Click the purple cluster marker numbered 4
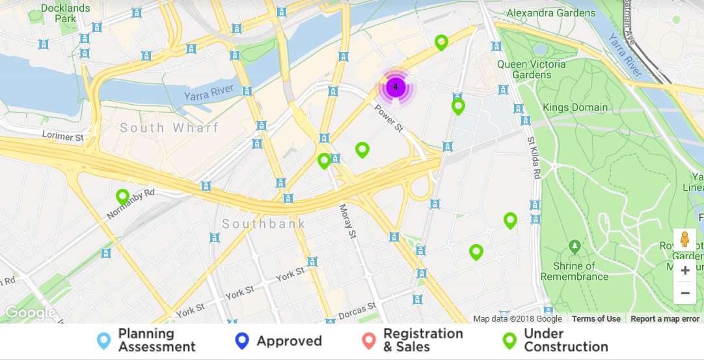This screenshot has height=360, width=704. click(x=396, y=87)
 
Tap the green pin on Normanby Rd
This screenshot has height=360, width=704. click(x=122, y=196)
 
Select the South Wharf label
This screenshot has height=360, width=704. click(x=169, y=128)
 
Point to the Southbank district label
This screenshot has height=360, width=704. click(x=264, y=224)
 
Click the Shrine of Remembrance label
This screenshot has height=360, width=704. click(x=575, y=270)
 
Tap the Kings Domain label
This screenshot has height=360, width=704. click(x=575, y=107)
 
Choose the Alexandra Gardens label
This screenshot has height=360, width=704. click(x=550, y=13)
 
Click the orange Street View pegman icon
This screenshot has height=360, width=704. click(x=684, y=240)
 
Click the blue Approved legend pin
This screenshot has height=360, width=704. click(x=242, y=340)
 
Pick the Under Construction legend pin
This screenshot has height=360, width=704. click(x=509, y=340)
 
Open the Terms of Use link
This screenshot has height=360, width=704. click(x=596, y=319)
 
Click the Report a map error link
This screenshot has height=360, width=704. click(x=665, y=319)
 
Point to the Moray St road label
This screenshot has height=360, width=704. click(x=349, y=221)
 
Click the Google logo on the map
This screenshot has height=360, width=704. click(x=30, y=313)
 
